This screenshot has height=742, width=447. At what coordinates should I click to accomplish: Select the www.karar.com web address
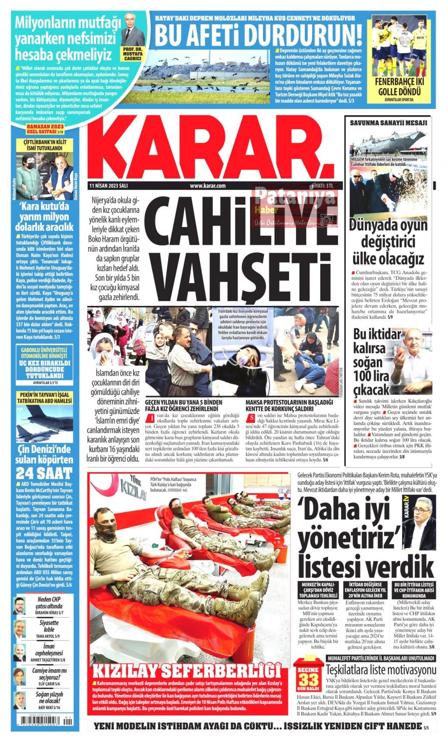pos(208,186)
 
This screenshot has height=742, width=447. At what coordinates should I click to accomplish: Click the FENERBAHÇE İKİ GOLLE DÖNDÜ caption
pos(399,86)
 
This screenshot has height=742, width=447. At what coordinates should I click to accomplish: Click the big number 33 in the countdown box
pos(308,680)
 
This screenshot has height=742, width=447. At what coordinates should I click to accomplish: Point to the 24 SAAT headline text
pos(44,473)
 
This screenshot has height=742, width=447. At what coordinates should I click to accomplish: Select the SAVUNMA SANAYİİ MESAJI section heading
pos(388,123)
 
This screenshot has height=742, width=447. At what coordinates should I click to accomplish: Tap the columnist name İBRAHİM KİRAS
pos(49,613)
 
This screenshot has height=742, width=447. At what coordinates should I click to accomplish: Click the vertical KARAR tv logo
pos(406,509)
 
